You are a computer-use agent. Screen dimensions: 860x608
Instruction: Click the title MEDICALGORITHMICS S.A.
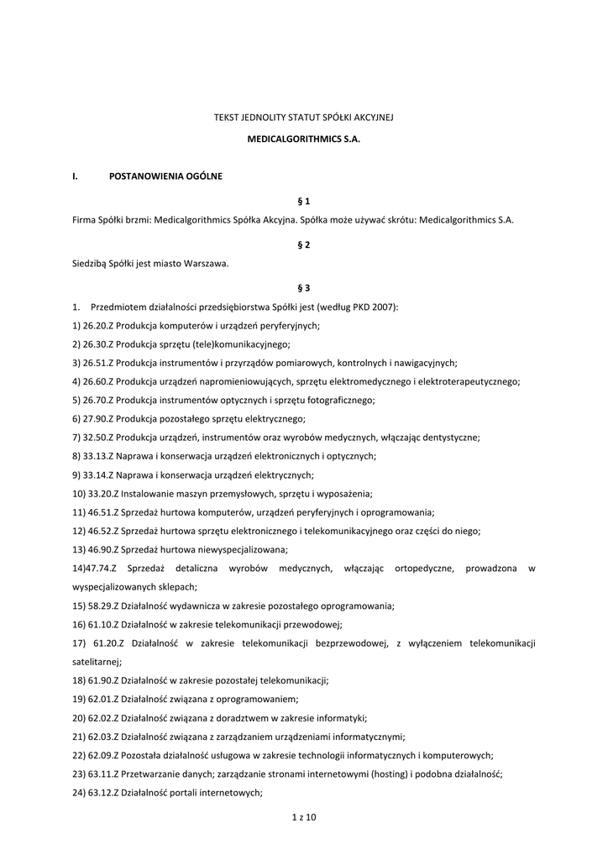(x=303, y=143)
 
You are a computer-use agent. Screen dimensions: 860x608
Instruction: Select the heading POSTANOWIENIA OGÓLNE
(x=165, y=176)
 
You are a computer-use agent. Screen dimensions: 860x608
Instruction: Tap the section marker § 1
(x=304, y=201)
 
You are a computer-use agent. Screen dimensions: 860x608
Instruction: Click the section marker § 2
(x=304, y=244)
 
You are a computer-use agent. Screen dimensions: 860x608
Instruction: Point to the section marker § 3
(x=304, y=287)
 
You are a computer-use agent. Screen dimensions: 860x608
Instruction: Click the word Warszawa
(x=205, y=263)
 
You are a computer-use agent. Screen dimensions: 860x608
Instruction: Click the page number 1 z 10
(x=303, y=816)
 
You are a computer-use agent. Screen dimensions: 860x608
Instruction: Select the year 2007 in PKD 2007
(x=386, y=307)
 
